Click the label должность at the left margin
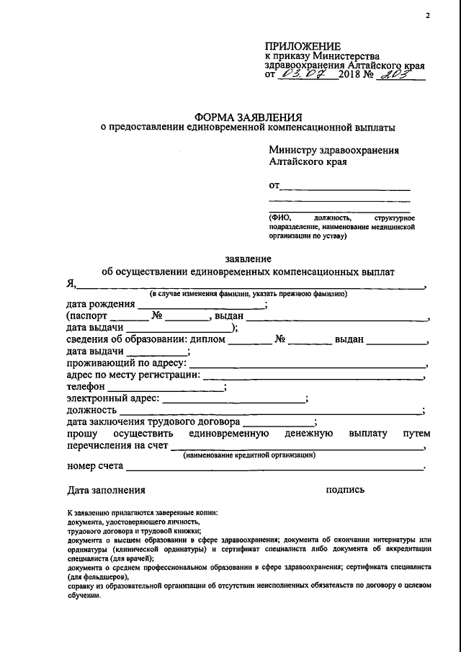coord(91,411)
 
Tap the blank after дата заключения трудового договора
coord(278,422)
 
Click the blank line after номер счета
coord(274,468)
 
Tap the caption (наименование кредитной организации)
coord(249,455)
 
